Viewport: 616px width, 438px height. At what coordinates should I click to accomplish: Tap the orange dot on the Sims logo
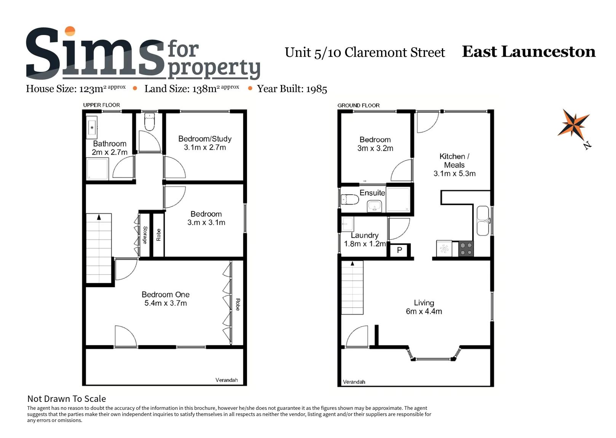click(70, 31)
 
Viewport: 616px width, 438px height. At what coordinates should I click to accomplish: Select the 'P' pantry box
click(400, 250)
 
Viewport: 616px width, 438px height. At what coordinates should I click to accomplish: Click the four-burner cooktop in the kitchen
click(466, 248)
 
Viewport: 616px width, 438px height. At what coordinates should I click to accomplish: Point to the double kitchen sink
click(483, 221)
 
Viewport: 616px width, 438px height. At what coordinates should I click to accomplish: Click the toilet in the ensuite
click(350, 199)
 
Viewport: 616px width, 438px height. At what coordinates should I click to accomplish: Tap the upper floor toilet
click(150, 121)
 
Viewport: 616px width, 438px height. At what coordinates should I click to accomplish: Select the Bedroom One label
click(166, 299)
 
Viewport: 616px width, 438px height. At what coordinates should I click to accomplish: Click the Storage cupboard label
click(145, 235)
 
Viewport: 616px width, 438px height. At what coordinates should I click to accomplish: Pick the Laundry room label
click(365, 239)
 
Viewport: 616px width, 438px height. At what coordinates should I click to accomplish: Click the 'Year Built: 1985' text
click(292, 89)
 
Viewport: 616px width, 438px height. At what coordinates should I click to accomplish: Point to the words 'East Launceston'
click(528, 51)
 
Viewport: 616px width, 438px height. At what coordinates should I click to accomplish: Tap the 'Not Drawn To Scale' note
click(67, 399)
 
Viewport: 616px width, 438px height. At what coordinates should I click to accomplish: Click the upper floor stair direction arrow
click(99, 217)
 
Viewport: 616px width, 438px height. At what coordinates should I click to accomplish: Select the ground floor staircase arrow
click(352, 263)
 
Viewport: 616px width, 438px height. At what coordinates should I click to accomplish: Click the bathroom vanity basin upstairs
click(92, 127)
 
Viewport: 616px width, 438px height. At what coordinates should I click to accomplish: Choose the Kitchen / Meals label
click(454, 165)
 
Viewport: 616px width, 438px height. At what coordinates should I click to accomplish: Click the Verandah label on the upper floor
click(227, 380)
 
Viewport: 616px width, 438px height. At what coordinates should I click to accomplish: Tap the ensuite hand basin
click(374, 206)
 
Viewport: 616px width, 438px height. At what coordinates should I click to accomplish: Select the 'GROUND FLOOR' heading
click(359, 106)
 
